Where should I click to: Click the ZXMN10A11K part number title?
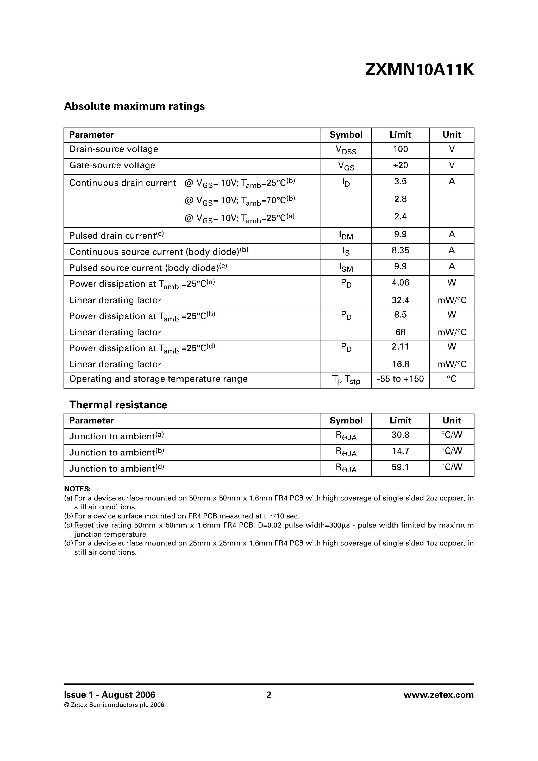[x=420, y=70]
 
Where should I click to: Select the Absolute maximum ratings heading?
[x=134, y=106]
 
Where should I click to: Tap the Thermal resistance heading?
[x=118, y=405]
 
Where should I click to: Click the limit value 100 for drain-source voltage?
[x=400, y=149]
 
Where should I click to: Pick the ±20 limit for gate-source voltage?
[x=400, y=165]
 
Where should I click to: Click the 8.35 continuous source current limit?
[x=400, y=251]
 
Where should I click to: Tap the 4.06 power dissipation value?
[x=400, y=283]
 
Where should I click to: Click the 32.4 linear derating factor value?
[x=400, y=300]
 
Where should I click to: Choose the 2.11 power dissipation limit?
[x=400, y=347]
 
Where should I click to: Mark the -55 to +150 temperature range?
[x=400, y=379]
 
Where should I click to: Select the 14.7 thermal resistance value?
[x=400, y=451]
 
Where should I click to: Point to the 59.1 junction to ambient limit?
[x=400, y=467]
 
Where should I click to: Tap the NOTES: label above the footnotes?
[x=77, y=489]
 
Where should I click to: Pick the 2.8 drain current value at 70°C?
[x=400, y=199]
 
